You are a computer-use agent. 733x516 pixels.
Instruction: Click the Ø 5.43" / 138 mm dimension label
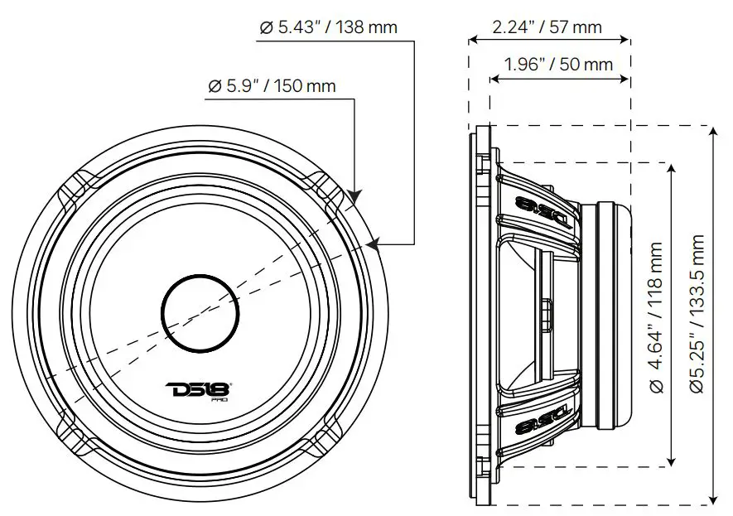tap(328, 27)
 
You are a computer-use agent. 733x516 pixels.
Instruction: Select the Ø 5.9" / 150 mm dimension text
tap(272, 85)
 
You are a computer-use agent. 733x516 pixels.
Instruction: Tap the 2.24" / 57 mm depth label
tap(547, 27)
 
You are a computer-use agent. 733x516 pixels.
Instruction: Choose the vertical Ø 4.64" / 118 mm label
tap(657, 316)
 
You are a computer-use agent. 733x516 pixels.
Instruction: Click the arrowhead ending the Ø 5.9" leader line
tap(354, 198)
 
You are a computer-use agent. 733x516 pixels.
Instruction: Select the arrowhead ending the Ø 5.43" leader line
tap(369, 244)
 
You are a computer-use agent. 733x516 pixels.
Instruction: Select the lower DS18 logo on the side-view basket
tap(541, 427)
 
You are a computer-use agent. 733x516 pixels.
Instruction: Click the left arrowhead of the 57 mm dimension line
tap(474, 39)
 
